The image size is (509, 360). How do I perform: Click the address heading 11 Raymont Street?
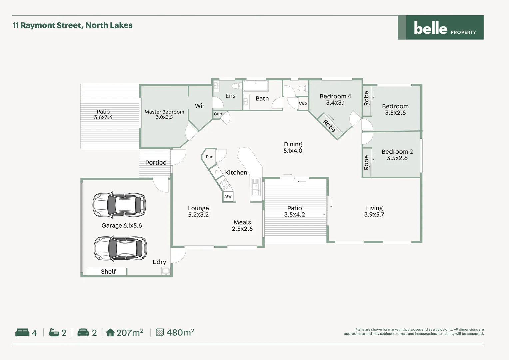click(72, 25)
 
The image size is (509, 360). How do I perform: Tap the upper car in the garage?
click(119, 204)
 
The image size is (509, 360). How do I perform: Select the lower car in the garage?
click(120, 248)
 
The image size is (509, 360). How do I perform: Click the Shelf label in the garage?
click(108, 272)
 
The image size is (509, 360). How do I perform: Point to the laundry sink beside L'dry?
click(166, 271)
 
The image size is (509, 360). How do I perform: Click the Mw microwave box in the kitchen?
click(228, 196)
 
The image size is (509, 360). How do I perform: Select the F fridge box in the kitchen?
click(216, 172)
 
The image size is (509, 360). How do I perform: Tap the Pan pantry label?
click(209, 157)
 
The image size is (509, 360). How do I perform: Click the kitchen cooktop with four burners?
click(224, 184)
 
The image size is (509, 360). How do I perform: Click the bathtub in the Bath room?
click(255, 86)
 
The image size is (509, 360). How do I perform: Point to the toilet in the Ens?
click(237, 86)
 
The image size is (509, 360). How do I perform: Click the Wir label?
click(199, 106)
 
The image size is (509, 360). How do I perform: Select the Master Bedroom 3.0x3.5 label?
click(164, 114)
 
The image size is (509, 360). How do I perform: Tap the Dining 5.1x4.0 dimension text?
click(293, 151)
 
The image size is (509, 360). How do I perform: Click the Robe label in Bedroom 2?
click(366, 162)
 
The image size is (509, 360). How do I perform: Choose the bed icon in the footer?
click(22, 332)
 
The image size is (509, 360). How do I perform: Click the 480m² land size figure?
click(180, 332)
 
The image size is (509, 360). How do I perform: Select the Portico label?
click(156, 163)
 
